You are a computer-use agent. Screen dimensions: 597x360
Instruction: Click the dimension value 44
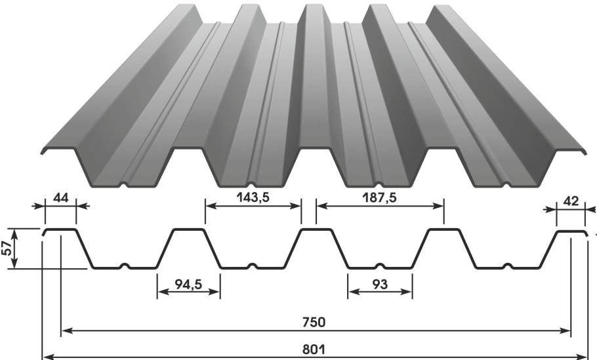point(60,198)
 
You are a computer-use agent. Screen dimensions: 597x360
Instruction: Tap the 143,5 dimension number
point(253,197)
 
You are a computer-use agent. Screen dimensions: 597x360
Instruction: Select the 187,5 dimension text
point(380,197)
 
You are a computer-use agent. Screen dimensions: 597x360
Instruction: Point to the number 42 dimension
point(570,201)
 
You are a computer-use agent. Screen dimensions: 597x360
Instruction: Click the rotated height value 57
point(7,249)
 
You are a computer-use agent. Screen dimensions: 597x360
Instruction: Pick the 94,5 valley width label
point(188,284)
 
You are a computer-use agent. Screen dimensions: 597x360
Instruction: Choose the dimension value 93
point(380,284)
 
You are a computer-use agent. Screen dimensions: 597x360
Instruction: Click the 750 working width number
point(314,323)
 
